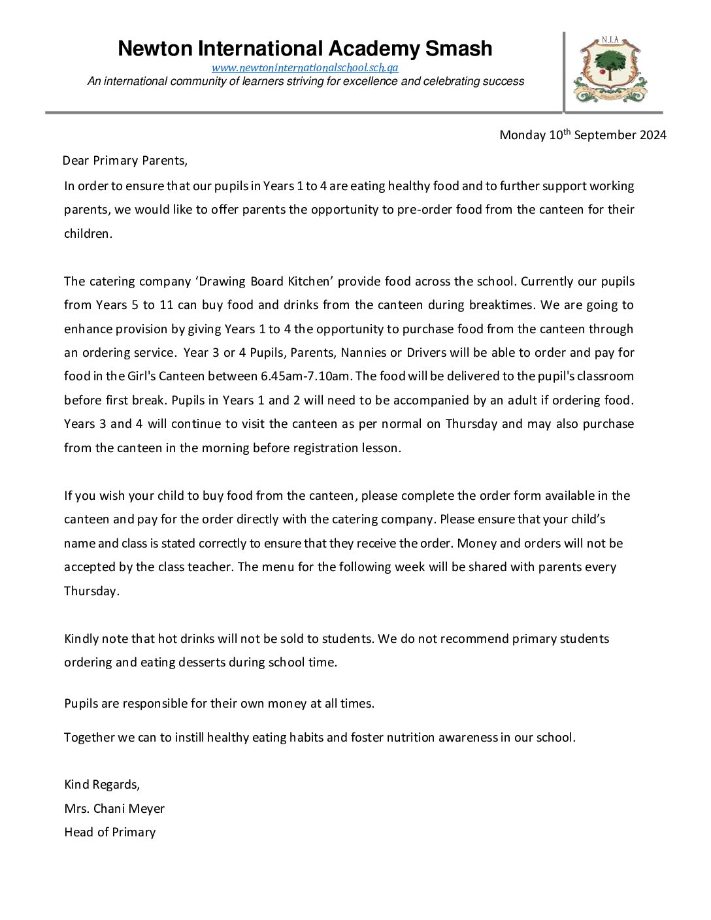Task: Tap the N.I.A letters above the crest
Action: click(x=610, y=41)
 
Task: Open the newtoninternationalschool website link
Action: click(x=305, y=68)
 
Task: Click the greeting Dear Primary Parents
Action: click(x=125, y=161)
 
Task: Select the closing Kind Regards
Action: click(x=102, y=785)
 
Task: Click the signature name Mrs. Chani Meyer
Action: click(x=114, y=809)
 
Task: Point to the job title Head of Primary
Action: click(x=110, y=832)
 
